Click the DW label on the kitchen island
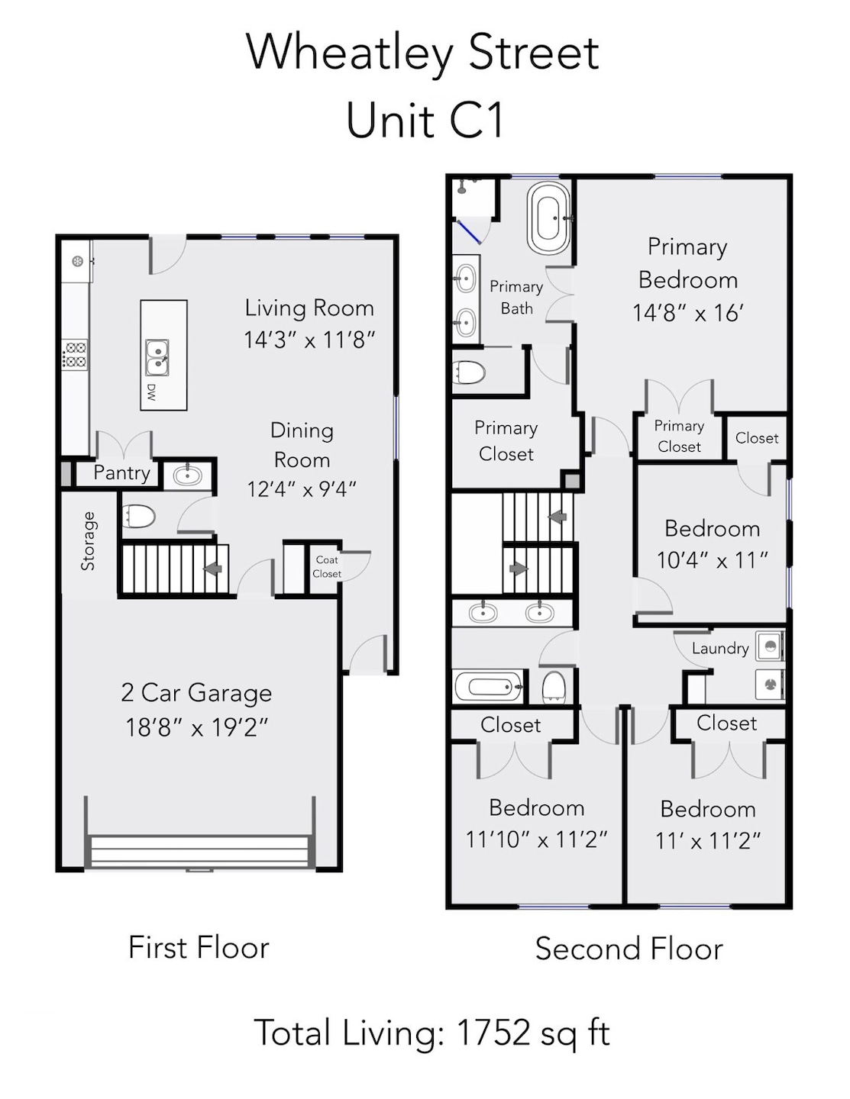(150, 392)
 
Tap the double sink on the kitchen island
(157, 358)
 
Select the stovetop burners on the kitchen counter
(76, 354)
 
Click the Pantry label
(122, 473)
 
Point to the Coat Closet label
(327, 566)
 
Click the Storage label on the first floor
(88, 541)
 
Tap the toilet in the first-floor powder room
(138, 517)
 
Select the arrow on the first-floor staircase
(212, 569)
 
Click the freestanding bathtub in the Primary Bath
(548, 218)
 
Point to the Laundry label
(720, 649)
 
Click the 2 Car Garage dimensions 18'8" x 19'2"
(196, 728)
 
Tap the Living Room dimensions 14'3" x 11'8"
(309, 340)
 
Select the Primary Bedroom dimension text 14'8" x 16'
(688, 314)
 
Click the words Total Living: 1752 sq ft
(432, 1033)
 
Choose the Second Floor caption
(629, 949)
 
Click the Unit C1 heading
(425, 121)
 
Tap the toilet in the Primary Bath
(469, 372)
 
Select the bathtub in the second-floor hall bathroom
(489, 686)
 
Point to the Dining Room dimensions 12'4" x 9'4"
(302, 489)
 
